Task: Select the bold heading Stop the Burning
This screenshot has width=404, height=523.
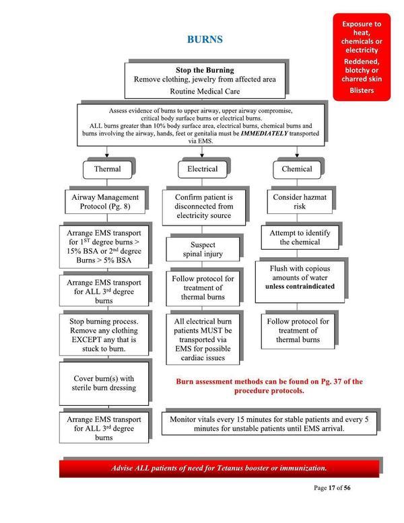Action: click(x=205, y=69)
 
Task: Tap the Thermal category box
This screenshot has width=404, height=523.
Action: click(x=108, y=169)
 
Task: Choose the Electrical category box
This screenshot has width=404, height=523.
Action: click(x=202, y=169)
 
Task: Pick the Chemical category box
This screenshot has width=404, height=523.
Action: click(x=296, y=169)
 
